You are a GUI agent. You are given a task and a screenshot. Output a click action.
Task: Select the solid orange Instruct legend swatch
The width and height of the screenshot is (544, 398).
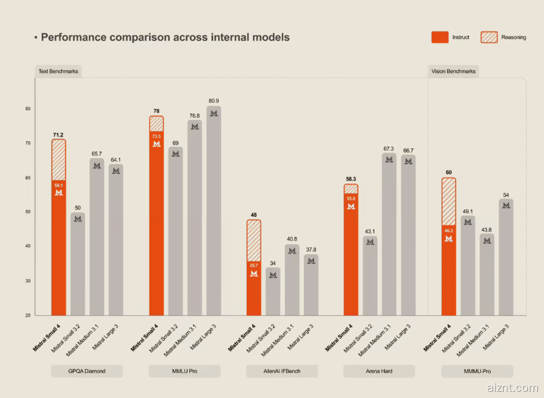click(440, 37)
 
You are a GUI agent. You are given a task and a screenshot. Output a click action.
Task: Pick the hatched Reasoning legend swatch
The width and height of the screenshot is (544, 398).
click(488, 37)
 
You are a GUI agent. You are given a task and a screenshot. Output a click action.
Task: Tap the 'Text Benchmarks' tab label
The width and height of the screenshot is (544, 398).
click(58, 72)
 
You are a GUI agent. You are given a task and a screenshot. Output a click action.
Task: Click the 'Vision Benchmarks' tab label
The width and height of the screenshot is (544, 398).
click(453, 72)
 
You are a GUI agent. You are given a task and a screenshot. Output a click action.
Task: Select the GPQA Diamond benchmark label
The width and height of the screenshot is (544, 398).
click(87, 371)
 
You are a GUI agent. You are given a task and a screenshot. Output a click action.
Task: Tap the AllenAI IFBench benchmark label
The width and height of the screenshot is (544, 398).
click(282, 371)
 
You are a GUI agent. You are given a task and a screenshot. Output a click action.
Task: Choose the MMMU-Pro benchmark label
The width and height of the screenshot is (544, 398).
click(477, 371)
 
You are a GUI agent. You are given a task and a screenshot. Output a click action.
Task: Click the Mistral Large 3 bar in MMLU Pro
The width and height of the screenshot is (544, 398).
click(214, 211)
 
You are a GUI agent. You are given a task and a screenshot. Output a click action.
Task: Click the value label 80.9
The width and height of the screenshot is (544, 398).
click(214, 101)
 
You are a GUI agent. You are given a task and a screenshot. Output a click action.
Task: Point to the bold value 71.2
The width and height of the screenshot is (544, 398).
click(59, 134)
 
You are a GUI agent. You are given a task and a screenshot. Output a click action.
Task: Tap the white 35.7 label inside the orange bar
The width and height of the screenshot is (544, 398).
click(254, 266)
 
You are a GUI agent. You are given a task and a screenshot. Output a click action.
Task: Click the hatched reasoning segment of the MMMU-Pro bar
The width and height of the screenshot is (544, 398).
click(449, 201)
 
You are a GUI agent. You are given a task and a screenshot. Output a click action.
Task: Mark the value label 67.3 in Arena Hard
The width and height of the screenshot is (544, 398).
click(389, 148)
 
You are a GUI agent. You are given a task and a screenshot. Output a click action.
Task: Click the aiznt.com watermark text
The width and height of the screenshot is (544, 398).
click(515, 388)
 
